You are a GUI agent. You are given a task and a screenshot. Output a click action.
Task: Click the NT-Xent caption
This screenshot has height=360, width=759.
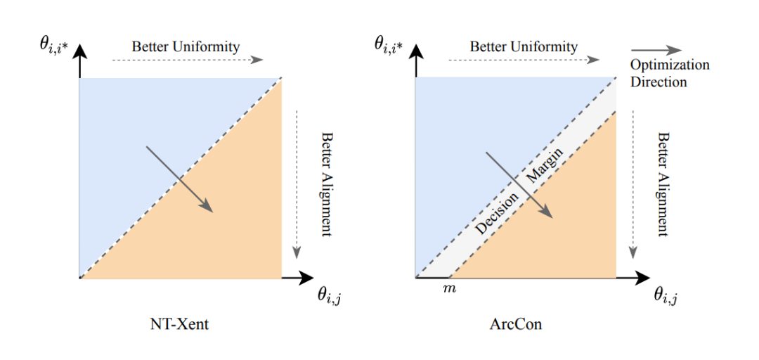[x=180, y=326]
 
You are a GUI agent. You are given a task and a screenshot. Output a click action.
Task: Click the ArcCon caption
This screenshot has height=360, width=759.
[x=516, y=326]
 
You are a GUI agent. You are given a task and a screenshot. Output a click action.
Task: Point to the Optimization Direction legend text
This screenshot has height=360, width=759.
[x=669, y=73]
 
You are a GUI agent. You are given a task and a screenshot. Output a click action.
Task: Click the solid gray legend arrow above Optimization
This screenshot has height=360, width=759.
[x=656, y=50]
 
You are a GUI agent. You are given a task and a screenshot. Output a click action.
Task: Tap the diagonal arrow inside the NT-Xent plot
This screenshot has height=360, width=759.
[x=179, y=179]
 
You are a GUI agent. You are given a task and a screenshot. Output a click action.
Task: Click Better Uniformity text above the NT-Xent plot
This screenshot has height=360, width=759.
[x=186, y=47]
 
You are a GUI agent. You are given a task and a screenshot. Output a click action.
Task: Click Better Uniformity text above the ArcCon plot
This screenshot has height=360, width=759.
[x=524, y=47]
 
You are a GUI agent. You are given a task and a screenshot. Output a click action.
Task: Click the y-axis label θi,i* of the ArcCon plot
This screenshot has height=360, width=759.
[x=391, y=47]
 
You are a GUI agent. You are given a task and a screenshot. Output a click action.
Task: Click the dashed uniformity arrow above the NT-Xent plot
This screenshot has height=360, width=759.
[x=186, y=61]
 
